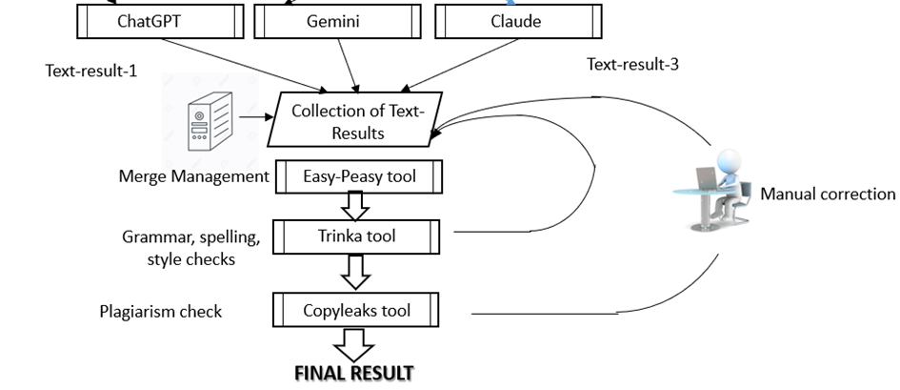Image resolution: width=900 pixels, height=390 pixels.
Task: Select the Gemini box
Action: pyautogui.click(x=333, y=22)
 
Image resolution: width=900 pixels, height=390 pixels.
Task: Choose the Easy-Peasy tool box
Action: pyautogui.click(x=358, y=176)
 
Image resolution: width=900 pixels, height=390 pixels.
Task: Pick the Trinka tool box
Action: pyautogui.click(x=358, y=235)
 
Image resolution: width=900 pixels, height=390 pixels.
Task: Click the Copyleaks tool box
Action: pyautogui.click(x=357, y=311)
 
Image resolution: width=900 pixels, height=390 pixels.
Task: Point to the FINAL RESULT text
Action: pyautogui.click(x=354, y=373)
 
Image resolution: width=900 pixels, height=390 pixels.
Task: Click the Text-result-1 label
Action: pyautogui.click(x=91, y=71)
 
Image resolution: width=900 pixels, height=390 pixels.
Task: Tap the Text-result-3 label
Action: pyautogui.click(x=632, y=65)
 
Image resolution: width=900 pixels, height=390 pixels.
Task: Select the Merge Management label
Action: pyautogui.click(x=194, y=176)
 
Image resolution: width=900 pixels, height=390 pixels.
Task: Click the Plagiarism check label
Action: pyautogui.click(x=161, y=312)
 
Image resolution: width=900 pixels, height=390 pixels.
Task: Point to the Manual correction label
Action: pyautogui.click(x=828, y=195)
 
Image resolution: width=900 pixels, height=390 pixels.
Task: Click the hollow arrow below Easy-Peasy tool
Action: pyautogui.click(x=356, y=204)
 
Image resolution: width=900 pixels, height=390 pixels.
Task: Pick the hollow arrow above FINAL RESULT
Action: pyautogui.click(x=355, y=344)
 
